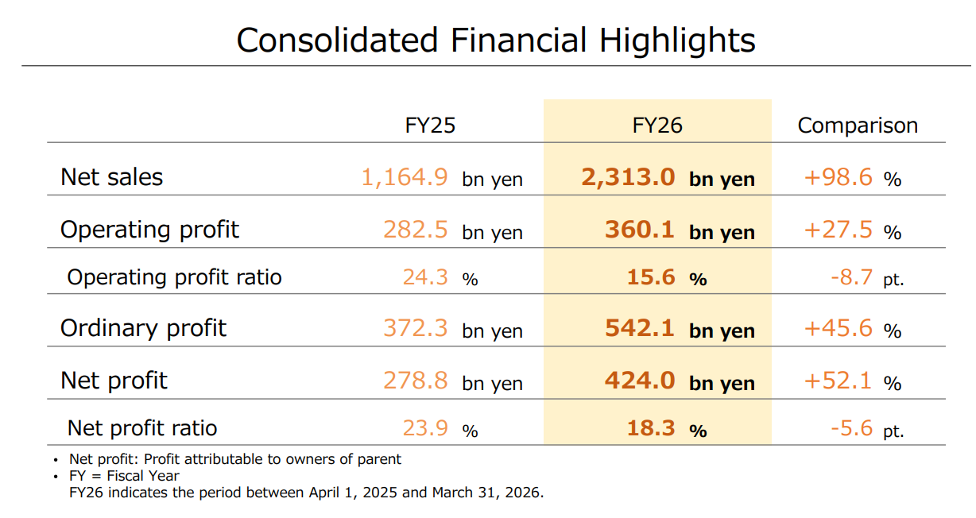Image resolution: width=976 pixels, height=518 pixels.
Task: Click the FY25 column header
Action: coord(430,126)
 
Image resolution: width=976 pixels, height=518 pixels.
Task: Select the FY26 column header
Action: coord(657,126)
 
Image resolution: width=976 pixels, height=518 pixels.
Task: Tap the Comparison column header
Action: coord(858,126)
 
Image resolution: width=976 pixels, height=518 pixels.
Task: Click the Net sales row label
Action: coord(111,177)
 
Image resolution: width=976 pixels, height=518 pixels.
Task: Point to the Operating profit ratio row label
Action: coord(174,277)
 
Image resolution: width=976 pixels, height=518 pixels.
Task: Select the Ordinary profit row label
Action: coord(143,328)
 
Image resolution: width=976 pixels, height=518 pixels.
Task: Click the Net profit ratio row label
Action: coord(142,428)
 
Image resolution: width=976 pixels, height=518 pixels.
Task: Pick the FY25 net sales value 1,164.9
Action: coord(405,178)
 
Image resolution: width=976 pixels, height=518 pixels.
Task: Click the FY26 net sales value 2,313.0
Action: coord(628,178)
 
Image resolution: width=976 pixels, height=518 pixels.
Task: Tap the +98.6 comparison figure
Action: coord(838,177)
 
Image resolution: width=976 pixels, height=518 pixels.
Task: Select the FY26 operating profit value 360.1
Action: coord(640,230)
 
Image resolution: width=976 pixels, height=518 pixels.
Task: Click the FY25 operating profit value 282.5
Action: coord(415,230)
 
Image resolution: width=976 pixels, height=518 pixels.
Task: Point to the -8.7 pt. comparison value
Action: coord(867,277)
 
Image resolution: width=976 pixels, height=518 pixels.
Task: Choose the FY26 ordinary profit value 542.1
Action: coord(640,328)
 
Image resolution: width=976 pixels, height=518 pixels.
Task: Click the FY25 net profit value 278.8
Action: coord(415,381)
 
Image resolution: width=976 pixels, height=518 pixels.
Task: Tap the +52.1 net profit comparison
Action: coord(838,381)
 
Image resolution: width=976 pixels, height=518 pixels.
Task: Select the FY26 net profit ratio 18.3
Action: coord(651,428)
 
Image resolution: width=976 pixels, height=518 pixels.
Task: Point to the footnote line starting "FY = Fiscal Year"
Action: coord(124,476)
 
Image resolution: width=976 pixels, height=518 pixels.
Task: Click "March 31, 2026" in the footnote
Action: coord(488,493)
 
